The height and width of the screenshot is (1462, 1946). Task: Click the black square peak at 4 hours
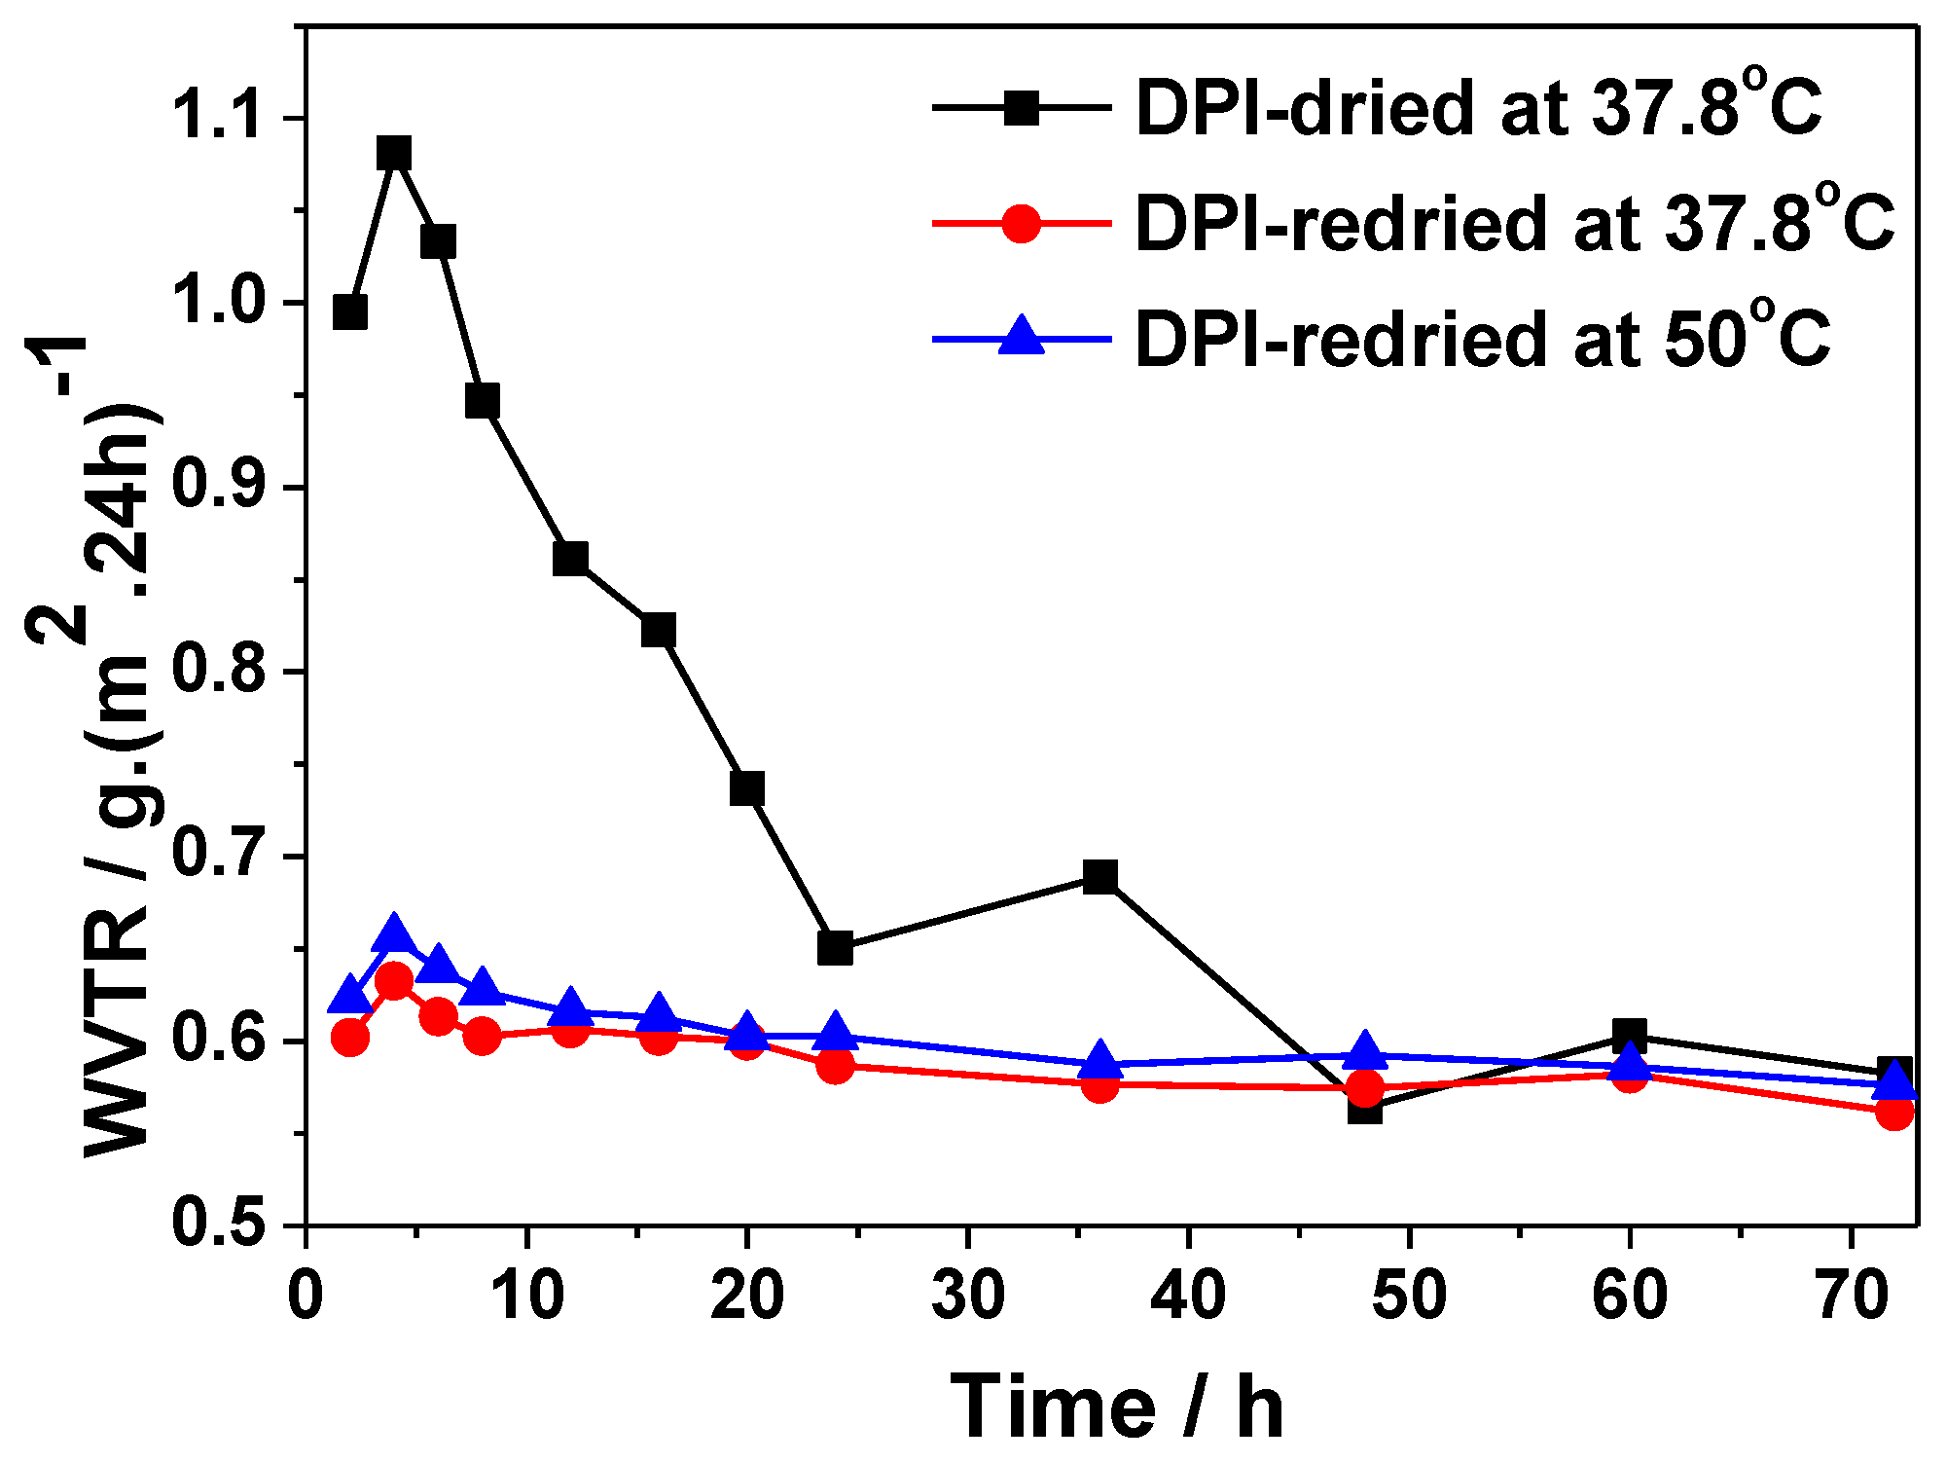tap(394, 154)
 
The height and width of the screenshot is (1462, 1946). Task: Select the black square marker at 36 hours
tap(1099, 878)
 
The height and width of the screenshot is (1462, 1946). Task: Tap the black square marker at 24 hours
tap(835, 948)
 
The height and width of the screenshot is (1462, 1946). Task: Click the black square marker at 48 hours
tap(1365, 1108)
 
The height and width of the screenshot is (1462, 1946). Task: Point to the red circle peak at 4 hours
tap(394, 980)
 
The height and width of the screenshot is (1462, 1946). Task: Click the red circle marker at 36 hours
tap(1099, 1084)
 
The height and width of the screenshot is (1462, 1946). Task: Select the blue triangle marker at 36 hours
tap(1099, 1060)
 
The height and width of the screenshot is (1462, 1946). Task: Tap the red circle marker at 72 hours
tap(1893, 1112)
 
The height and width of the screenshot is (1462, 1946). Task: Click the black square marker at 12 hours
tap(570, 560)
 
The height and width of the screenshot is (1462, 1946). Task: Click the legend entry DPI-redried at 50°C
tap(1483, 340)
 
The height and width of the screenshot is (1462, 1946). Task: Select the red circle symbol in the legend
tap(1022, 224)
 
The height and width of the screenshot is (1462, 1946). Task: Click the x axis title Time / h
tap(1117, 1407)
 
